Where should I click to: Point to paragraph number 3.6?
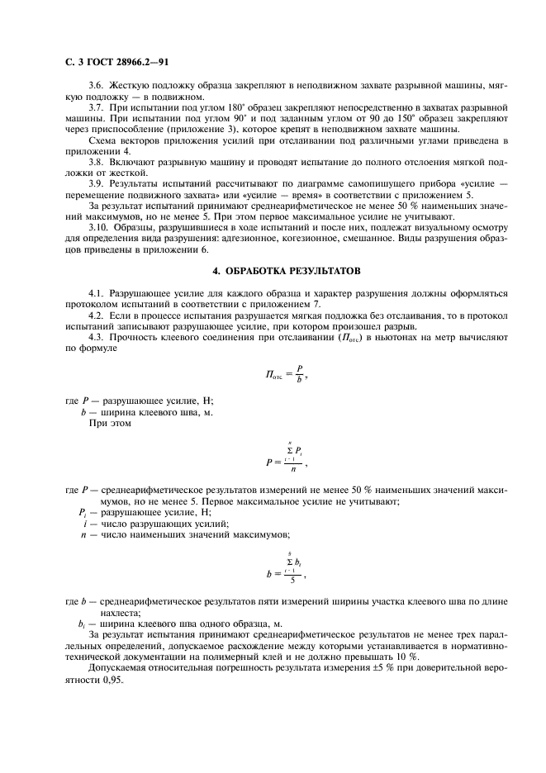pyautogui.click(x=97, y=85)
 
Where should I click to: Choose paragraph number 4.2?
pyautogui.click(x=97, y=316)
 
